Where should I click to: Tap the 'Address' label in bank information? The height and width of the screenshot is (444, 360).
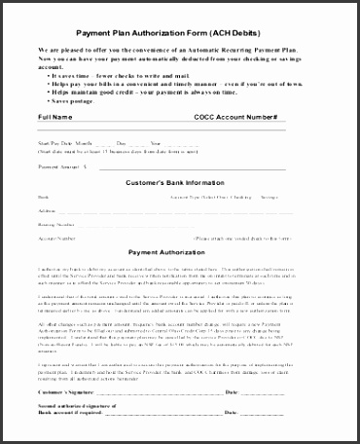pyautogui.click(x=48, y=209)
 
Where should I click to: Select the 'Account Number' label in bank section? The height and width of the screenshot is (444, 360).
pyautogui.click(x=56, y=237)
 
